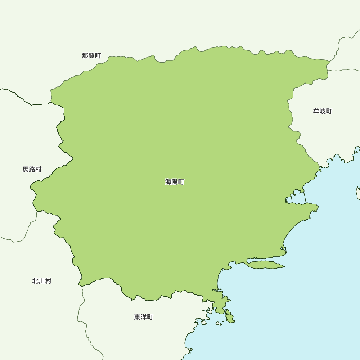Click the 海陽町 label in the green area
(175, 182)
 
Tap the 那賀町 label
(91, 55)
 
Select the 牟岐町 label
(323, 111)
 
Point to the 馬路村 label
(32, 169)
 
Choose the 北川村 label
(42, 281)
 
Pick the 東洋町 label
(144, 317)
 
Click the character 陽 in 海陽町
(175, 182)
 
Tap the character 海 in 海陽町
(168, 182)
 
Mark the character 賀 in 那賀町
(91, 55)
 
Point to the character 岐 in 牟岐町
(323, 111)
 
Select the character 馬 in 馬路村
(26, 169)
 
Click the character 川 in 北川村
(42, 281)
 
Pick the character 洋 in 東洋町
(144, 317)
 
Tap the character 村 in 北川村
(48, 281)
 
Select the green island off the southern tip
(229, 316)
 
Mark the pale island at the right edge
(358, 193)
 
